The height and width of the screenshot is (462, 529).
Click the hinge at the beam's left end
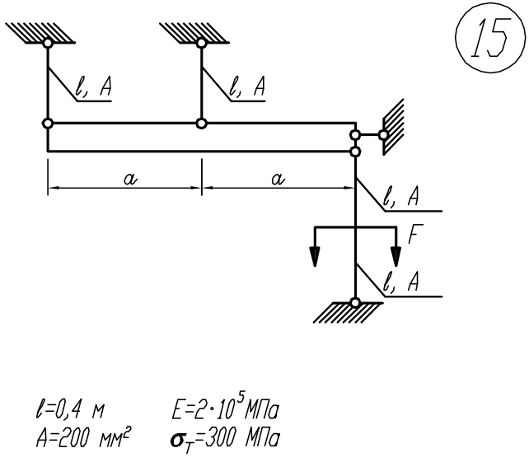48,124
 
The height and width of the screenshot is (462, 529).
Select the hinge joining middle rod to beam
200,124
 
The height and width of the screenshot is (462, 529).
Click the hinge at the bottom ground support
354,302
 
